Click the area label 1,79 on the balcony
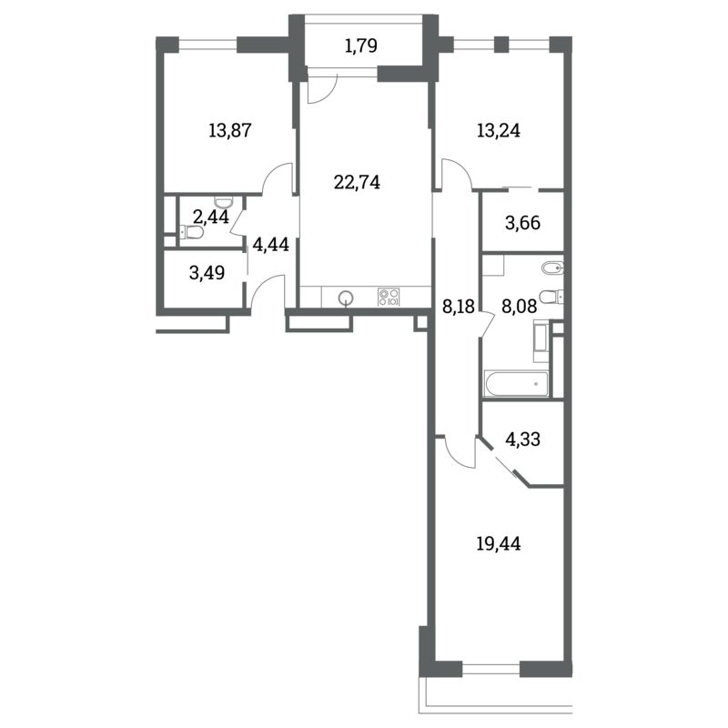point(361,46)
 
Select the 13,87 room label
point(230,130)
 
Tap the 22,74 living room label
point(357,182)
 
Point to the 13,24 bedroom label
point(499,130)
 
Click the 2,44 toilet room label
point(211,217)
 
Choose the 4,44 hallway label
point(270,244)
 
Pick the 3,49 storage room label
point(207,272)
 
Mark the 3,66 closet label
point(522,223)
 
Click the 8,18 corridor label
point(459,307)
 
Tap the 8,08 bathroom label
point(520,307)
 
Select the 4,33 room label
point(522,439)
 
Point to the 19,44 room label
point(499,543)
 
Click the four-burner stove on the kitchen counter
point(389,297)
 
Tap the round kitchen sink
point(345,298)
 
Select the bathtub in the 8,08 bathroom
point(516,383)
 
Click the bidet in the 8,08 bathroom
point(553,268)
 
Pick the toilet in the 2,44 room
point(191,231)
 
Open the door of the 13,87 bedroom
point(278,178)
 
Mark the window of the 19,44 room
point(491,669)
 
